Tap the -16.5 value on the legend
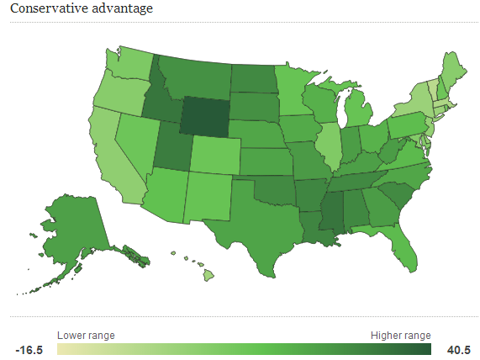point(30,349)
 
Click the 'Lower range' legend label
point(86,335)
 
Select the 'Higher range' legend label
point(400,335)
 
